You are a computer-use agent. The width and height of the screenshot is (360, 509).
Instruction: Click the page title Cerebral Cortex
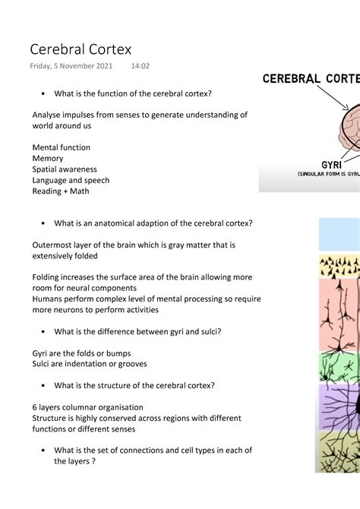[81, 49]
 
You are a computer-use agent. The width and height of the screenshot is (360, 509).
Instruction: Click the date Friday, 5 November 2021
[71, 66]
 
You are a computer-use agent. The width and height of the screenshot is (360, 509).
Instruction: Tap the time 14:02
[140, 66]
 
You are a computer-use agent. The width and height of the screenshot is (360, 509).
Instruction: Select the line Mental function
[62, 147]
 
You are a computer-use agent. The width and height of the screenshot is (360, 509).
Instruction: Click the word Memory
[48, 159]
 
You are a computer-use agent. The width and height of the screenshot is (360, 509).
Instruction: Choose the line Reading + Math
[61, 191]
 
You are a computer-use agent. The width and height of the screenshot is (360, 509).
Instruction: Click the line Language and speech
[71, 181]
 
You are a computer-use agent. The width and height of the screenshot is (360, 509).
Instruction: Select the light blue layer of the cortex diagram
[339, 234]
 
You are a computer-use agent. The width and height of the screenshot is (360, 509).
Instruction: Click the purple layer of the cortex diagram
[339, 406]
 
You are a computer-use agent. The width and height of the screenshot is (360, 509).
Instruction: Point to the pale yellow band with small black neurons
[339, 266]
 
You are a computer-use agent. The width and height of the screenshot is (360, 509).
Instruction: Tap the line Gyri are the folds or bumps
[81, 353]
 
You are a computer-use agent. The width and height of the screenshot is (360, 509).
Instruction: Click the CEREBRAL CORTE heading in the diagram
[311, 78]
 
